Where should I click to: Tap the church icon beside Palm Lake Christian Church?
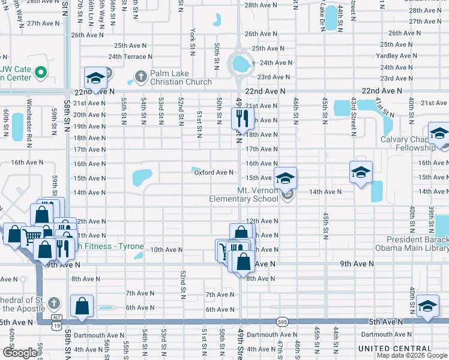click(x=140, y=77)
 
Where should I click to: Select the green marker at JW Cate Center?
click(x=41, y=73)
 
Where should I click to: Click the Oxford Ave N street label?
click(x=214, y=173)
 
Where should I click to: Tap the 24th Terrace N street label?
click(x=130, y=56)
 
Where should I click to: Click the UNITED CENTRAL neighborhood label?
click(x=394, y=349)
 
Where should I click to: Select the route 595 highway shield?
click(x=283, y=322)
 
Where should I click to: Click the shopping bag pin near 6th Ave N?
click(x=82, y=306)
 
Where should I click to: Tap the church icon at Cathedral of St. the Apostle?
click(x=53, y=303)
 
